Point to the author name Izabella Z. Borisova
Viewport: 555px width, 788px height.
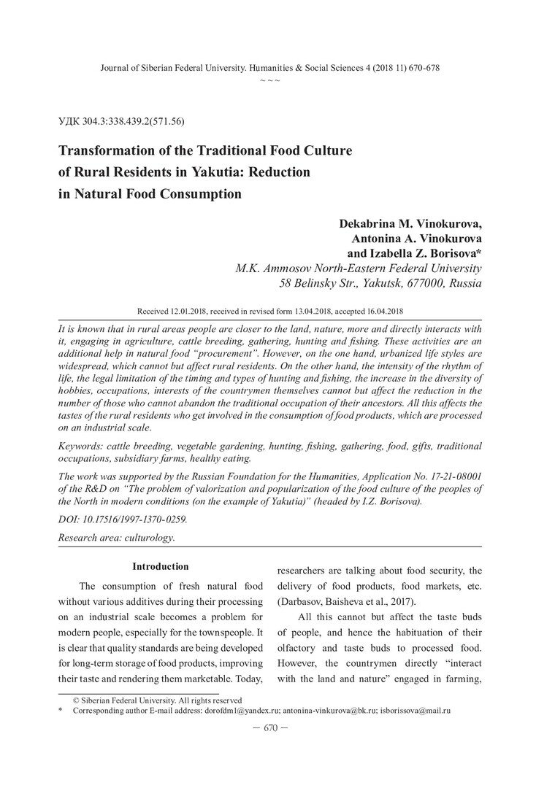424,252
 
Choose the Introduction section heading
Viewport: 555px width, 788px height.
160,566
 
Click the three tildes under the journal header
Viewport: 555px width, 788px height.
270,80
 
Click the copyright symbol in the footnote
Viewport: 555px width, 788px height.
75,700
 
